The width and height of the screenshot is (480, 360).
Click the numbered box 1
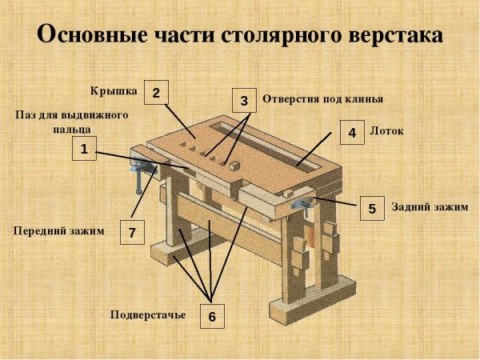click(x=83, y=148)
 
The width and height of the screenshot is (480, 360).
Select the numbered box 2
click(x=155, y=92)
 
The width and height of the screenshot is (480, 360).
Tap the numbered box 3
click(x=244, y=100)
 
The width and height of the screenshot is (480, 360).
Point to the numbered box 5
click(x=372, y=209)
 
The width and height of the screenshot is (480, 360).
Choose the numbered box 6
click(x=212, y=316)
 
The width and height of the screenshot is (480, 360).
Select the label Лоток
click(x=387, y=129)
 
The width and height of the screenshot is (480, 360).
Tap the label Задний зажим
click(x=430, y=206)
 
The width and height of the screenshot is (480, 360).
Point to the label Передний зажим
click(x=58, y=230)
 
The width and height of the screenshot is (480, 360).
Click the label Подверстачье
click(x=148, y=314)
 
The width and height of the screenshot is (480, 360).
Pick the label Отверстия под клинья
click(x=323, y=99)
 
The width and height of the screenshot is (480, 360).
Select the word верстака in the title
click(x=391, y=35)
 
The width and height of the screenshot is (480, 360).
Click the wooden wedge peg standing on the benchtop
click(x=231, y=167)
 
